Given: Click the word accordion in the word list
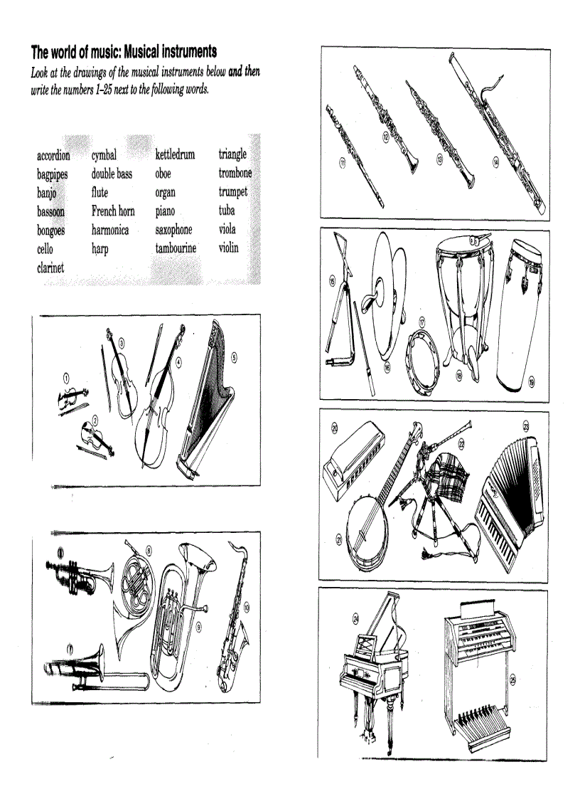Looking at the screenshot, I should [x=53, y=155].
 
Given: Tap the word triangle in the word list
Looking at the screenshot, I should [x=232, y=154].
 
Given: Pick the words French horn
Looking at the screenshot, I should [x=113, y=211].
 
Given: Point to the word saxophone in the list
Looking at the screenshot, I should [x=173, y=230].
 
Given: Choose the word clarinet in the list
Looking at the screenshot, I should [x=50, y=268].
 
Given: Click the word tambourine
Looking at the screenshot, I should [x=176, y=248].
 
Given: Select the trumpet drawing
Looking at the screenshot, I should [x=80, y=573].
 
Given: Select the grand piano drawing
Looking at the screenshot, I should [x=373, y=669].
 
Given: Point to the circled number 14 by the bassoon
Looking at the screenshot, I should [x=495, y=162].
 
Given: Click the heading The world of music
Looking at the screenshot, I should [x=123, y=52].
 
